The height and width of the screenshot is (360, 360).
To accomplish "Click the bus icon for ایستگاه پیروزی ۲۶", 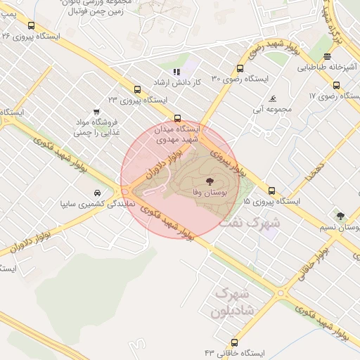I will click(31, 26).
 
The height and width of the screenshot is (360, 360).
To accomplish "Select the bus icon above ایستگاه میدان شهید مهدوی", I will click(176, 118).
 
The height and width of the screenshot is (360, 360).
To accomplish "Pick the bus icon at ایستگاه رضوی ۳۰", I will click(240, 69).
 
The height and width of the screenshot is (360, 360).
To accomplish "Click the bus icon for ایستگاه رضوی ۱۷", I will click(335, 84).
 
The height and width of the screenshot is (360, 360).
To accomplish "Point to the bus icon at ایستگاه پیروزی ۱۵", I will click(271, 191).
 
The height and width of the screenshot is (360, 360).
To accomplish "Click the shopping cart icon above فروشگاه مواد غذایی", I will click(96, 112).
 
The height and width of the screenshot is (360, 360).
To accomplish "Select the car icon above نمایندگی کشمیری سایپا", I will click(96, 193).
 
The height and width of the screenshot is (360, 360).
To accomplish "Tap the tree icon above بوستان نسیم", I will click(341, 216).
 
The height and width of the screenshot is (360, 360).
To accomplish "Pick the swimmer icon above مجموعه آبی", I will click(272, 98).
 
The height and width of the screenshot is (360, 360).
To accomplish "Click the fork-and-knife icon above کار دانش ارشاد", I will click(176, 72).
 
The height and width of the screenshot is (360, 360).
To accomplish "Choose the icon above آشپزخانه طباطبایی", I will click(327, 57).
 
